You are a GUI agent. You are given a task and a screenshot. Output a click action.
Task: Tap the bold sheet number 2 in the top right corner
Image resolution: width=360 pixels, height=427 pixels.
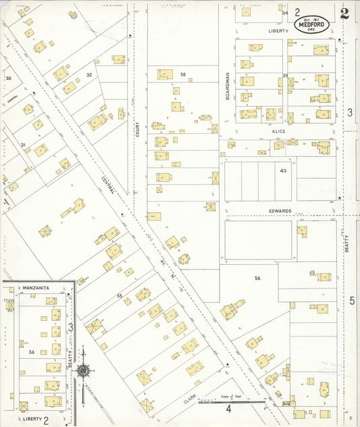pyautogui.click(x=345, y=14)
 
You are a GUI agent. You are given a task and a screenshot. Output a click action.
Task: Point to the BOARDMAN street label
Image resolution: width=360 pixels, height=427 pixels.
pyautogui.click(x=228, y=86)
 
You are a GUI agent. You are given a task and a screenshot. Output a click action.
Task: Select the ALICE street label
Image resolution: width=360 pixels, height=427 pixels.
pyautogui.click(x=279, y=131)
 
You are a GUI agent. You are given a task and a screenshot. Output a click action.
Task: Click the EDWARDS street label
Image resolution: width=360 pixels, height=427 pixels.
pyautogui.click(x=279, y=211)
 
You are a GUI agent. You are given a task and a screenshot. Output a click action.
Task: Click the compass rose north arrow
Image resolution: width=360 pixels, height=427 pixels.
pyautogui.click(x=82, y=370)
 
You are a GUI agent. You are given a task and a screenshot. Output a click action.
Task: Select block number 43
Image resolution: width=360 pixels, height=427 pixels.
pyautogui.click(x=284, y=171)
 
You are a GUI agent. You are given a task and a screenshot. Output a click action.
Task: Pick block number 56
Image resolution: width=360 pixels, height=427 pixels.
pyautogui.click(x=257, y=278)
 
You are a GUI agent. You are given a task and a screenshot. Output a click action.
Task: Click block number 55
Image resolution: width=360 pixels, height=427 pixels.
pyautogui.click(x=120, y=296)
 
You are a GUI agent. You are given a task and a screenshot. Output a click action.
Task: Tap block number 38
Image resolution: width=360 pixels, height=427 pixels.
pyautogui.click(x=182, y=74)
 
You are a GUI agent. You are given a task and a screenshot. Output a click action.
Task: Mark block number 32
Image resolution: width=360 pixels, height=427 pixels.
pyautogui.click(x=88, y=74)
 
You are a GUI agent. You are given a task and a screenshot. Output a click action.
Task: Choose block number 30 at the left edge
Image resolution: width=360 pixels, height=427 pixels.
pyautogui.click(x=8, y=78)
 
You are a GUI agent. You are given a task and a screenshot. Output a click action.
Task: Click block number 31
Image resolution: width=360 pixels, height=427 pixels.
pyautogui.click(x=22, y=145)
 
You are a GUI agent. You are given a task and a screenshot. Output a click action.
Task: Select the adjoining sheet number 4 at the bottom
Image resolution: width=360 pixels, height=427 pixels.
pyautogui.click(x=228, y=409)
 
